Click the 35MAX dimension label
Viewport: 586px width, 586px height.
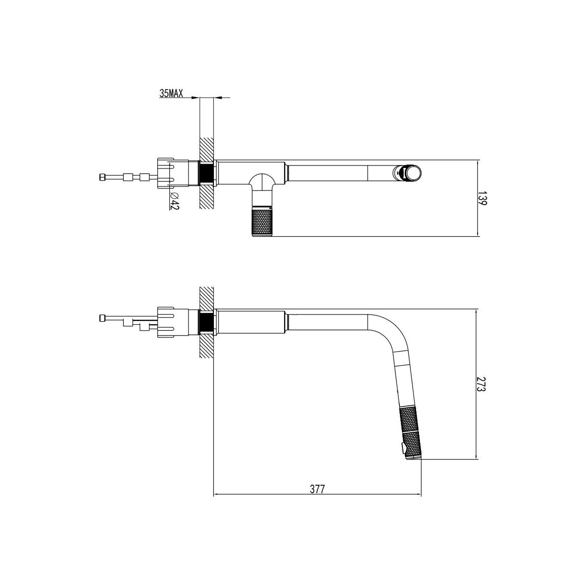pos(171,93)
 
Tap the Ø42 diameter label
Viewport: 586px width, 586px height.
pos(174,201)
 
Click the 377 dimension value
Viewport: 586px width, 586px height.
pos(317,489)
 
